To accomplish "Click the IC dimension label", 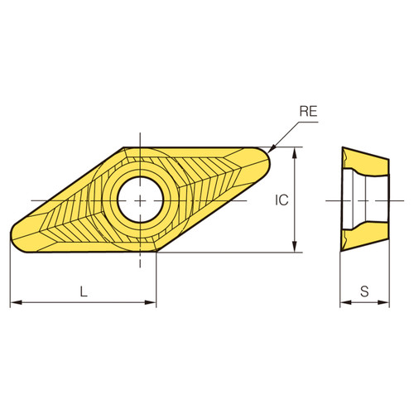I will tap(282, 200).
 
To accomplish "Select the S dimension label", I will tap(365, 291).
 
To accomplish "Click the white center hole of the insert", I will tap(140, 199).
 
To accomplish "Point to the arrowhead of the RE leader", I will tap(272, 150).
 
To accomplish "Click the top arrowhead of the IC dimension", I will tap(295, 152).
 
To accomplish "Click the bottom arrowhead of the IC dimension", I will tap(295, 248).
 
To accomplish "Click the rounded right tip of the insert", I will tap(267, 157).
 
